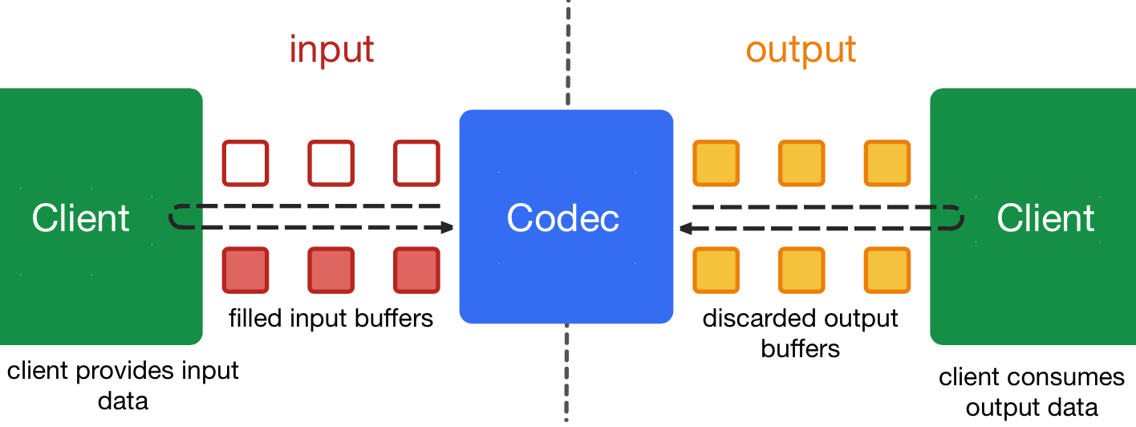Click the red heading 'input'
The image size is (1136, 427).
[x=331, y=50]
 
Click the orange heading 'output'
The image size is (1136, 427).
[x=801, y=50]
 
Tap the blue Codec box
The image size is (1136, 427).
[x=566, y=217]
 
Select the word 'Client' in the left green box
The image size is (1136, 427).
[x=81, y=218]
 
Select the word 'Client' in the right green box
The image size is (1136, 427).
[x=1045, y=218]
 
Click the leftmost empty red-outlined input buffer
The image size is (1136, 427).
[x=245, y=163]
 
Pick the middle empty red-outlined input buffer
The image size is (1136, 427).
[x=331, y=163]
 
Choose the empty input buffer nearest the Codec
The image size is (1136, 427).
[x=416, y=163]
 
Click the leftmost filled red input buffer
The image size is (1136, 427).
[x=245, y=270]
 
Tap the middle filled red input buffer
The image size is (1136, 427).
[x=331, y=270]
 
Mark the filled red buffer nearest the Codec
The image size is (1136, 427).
[x=416, y=270]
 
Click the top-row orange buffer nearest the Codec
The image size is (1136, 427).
[x=716, y=163]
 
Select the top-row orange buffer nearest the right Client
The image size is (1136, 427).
[x=886, y=163]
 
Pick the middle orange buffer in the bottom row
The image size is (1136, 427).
[x=801, y=270]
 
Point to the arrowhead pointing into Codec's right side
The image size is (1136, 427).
[x=686, y=229]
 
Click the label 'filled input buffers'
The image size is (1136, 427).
[x=331, y=319]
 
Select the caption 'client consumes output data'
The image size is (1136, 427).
[x=1032, y=392]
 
